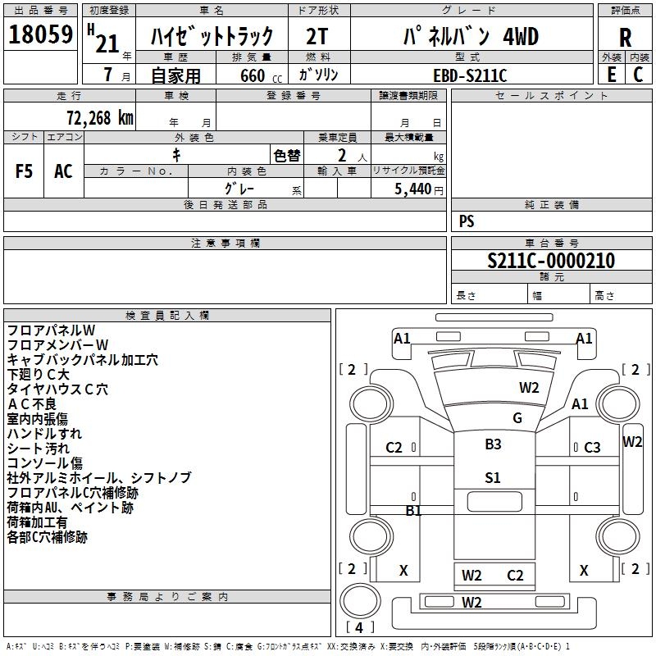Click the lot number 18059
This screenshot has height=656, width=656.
pos(40,34)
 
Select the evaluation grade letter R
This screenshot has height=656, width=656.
pos(625,38)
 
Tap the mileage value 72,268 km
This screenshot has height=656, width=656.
pos(100,118)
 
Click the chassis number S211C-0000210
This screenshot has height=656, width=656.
pos(551,260)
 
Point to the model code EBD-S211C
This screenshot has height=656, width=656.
pos(470,75)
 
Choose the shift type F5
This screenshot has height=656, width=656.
pos(24,171)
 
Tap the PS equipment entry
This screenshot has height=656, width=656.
pos(467,221)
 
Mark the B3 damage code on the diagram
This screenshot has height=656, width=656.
pos(493,444)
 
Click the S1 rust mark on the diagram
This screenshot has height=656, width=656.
pos(493,477)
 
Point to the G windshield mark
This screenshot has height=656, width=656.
pos(517,417)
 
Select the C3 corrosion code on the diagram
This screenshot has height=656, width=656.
pos(592,448)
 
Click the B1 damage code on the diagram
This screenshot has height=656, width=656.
pos(413,510)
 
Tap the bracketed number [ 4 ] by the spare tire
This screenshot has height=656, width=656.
pos(360,627)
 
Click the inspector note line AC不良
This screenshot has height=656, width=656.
pos(32,404)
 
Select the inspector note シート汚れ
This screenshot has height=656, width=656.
pos(38,449)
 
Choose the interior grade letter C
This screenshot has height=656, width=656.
pos(638,75)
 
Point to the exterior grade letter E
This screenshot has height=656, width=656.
pos(611,75)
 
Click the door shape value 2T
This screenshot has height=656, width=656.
pos(317,36)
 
